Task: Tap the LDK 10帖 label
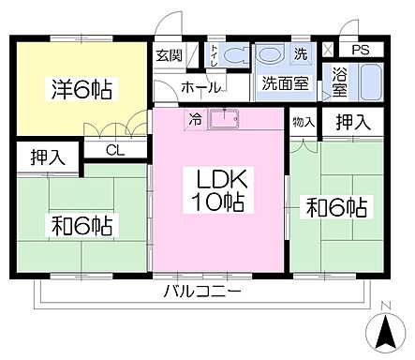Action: tap(219, 188)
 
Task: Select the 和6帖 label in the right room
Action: tap(334, 206)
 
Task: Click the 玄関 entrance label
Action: tap(170, 54)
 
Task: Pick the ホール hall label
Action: tap(200, 87)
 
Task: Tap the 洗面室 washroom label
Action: tap(285, 82)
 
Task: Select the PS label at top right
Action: tap(360, 51)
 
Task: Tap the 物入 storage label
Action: tap(303, 121)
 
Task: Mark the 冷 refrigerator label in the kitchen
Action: tap(195, 119)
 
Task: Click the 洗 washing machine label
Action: tap(300, 52)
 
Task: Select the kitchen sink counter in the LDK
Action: tap(225, 120)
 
